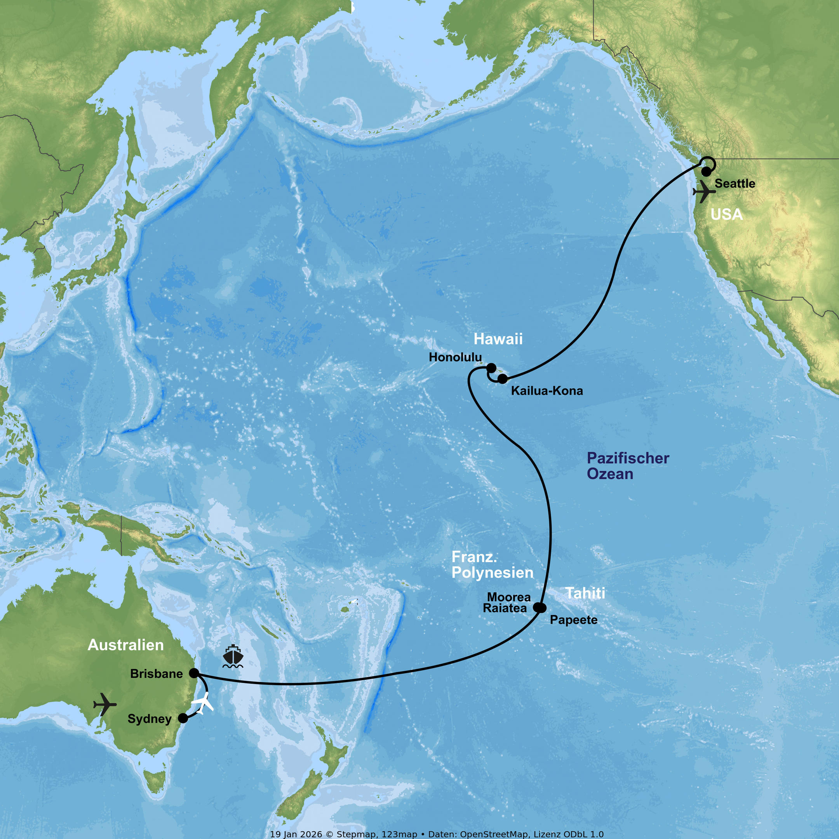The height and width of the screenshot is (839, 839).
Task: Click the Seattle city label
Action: point(735,184)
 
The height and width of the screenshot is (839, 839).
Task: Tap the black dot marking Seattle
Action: point(707,172)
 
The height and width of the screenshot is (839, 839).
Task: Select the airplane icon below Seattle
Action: point(704,191)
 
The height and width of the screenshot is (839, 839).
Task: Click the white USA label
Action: point(726,214)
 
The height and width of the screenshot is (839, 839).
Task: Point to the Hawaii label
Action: point(498,339)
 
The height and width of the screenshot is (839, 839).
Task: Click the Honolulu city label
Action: point(455,357)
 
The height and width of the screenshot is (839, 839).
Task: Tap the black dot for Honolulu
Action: point(491,368)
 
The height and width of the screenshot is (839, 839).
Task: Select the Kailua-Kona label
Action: point(547,391)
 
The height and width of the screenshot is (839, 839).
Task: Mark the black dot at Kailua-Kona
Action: point(503,379)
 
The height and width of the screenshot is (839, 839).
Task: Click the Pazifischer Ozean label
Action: point(628,466)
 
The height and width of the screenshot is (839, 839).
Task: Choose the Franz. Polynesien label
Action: point(493,565)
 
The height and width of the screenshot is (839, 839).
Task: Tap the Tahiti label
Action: point(585,593)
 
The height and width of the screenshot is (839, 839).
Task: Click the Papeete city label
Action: point(573,620)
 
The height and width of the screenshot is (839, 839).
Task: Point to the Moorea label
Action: point(508,597)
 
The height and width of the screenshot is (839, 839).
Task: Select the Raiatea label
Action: point(505,608)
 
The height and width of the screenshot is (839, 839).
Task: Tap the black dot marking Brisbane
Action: point(194,674)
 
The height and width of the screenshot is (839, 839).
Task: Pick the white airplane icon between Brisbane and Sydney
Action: point(203,703)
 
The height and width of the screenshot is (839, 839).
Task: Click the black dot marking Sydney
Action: point(183,718)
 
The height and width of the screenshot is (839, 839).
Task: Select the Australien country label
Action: point(125,645)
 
